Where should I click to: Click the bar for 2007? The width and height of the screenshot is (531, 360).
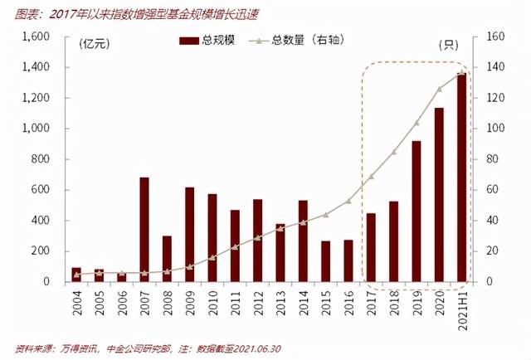[144, 230]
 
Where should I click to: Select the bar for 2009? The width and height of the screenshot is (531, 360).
[190, 235]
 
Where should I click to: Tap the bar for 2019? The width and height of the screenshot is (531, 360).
[417, 212]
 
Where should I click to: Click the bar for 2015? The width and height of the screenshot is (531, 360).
[326, 261]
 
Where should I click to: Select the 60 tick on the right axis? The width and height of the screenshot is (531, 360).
[489, 190]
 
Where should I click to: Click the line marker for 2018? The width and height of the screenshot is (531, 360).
[393, 152]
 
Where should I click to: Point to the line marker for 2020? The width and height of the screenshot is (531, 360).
[439, 89]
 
